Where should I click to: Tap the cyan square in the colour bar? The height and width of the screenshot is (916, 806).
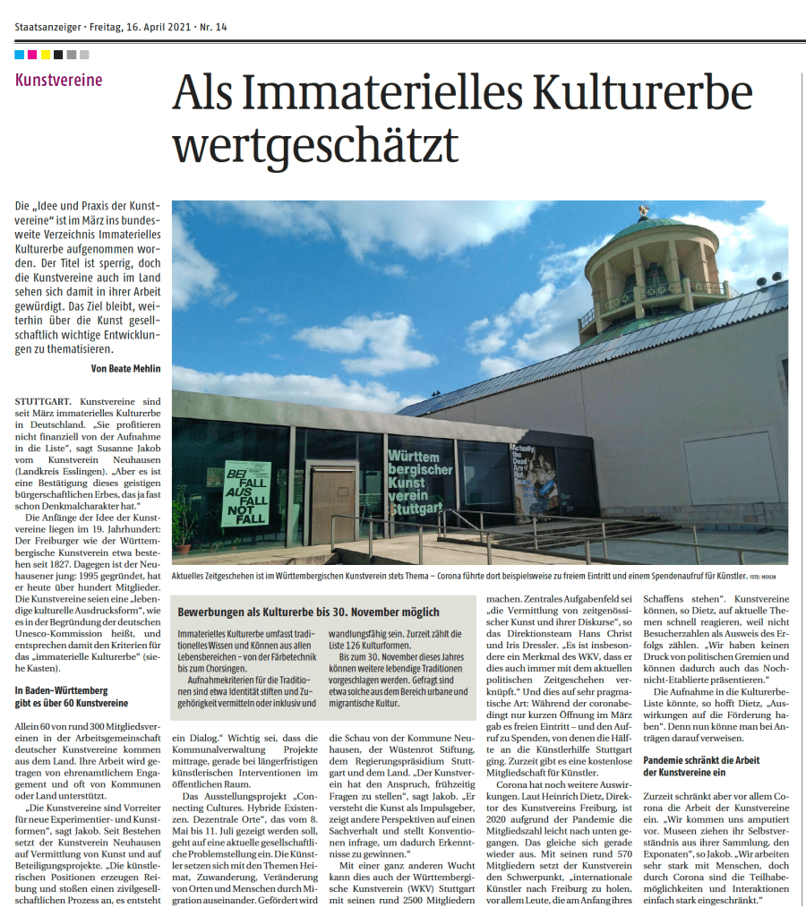(20, 55)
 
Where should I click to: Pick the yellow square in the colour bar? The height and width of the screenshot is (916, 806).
(46, 55)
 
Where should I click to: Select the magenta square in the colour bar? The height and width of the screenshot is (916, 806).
(33, 55)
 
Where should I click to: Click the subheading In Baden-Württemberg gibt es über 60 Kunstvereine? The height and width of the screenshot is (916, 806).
(72, 696)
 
